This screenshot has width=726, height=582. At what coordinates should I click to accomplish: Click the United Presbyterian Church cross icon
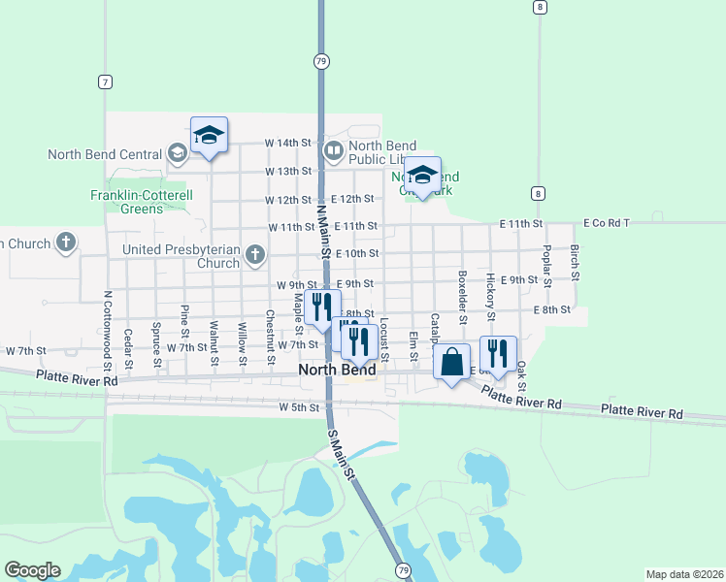pos(255,256)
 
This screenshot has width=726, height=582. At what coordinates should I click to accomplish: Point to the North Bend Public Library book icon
pos(333,150)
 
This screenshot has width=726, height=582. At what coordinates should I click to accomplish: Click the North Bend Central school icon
pos(177,153)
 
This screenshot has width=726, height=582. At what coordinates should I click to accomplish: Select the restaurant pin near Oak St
pos(498,355)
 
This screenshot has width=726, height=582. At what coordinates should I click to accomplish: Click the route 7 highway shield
pos(105,81)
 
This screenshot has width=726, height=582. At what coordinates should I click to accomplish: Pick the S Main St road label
pos(342,452)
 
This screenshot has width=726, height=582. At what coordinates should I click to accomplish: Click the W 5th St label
pos(298,407)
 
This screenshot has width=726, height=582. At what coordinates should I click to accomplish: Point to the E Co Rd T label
pos(607,223)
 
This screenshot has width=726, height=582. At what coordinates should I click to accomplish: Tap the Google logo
pos(32,570)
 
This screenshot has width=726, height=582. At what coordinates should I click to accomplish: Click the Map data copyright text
pos(684,574)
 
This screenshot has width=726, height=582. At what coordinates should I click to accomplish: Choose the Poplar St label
pos(546,262)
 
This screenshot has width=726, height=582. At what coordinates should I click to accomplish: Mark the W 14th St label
pos(289,142)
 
